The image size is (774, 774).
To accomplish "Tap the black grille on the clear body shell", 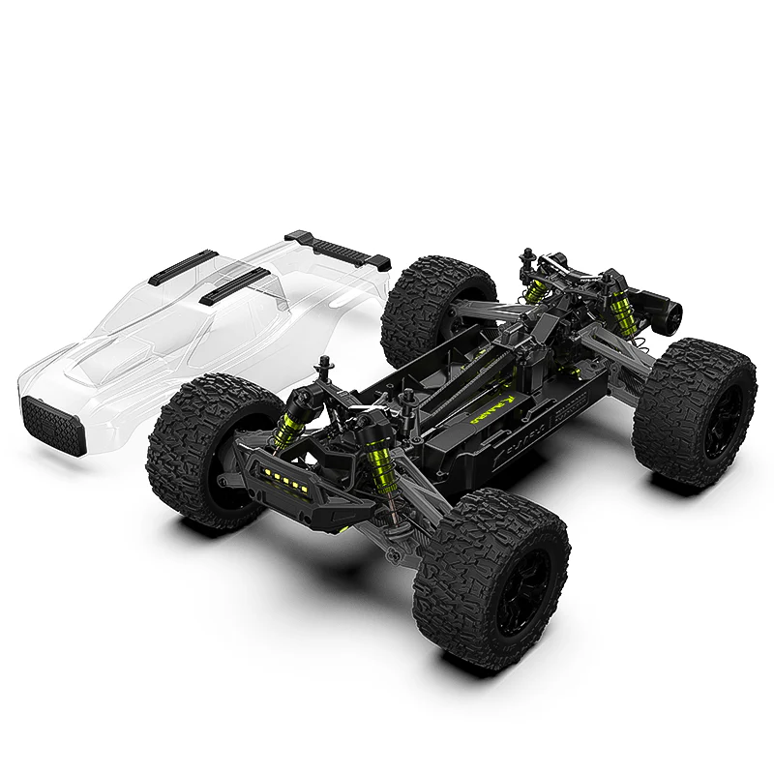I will [x=46, y=423].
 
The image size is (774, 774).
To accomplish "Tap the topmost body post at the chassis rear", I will [x=527, y=256].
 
